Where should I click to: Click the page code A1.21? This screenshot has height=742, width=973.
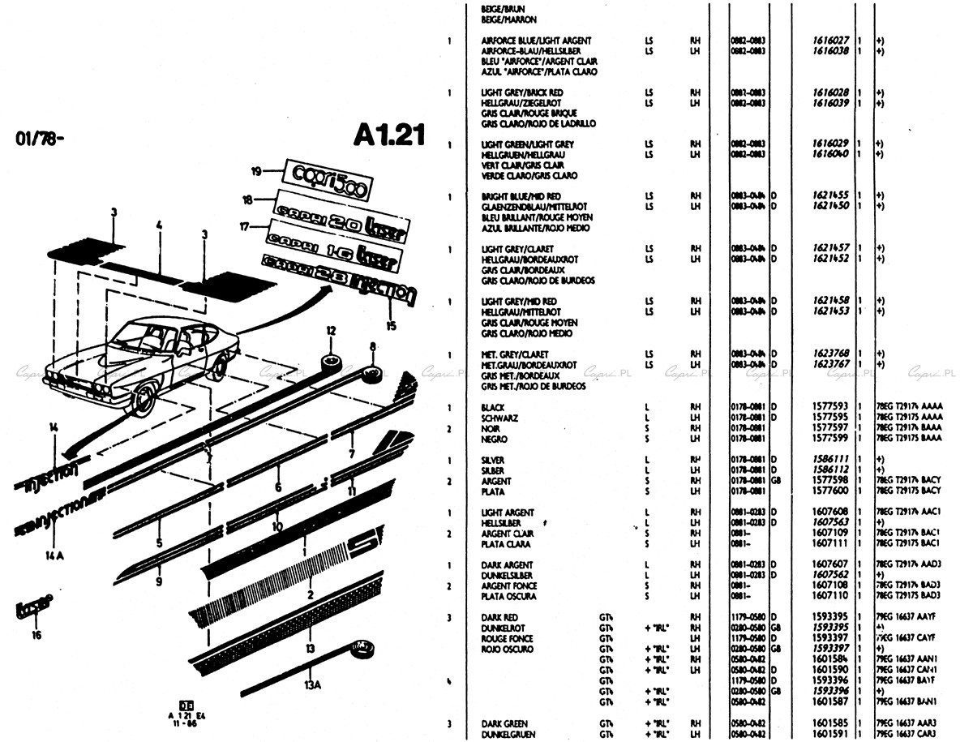click(x=389, y=135)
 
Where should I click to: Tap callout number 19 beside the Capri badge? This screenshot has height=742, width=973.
click(x=255, y=171)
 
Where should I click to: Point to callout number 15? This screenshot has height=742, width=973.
click(x=392, y=327)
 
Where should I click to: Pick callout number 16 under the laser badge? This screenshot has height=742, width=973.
click(x=36, y=635)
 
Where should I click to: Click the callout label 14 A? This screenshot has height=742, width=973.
click(x=54, y=556)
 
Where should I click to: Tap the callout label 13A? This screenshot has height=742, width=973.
click(x=313, y=684)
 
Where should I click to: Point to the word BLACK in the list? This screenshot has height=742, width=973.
click(x=493, y=407)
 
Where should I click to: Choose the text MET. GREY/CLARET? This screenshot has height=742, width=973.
click(x=515, y=354)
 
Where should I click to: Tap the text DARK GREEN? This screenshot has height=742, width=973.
click(x=504, y=723)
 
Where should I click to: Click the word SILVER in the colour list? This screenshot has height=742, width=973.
click(x=493, y=460)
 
